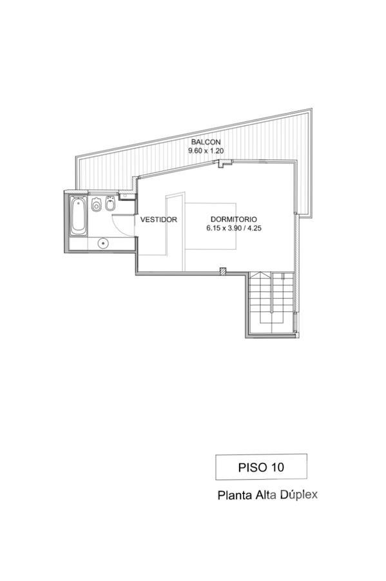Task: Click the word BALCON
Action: point(206,142)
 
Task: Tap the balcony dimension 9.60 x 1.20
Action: point(206,151)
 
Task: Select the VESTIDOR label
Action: point(159,219)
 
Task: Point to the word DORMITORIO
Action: point(234,219)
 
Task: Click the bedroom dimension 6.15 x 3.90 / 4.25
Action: point(234,229)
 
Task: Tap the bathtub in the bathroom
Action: point(79,216)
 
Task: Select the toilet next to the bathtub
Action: point(97,205)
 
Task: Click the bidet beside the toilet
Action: point(110,203)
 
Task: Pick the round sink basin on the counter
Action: point(103,243)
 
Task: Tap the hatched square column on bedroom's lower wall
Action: point(222,271)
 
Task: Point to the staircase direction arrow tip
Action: point(260,272)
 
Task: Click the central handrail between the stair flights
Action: point(272,292)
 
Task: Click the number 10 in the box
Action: point(278,467)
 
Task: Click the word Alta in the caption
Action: point(265,495)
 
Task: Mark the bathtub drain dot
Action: point(79,202)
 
